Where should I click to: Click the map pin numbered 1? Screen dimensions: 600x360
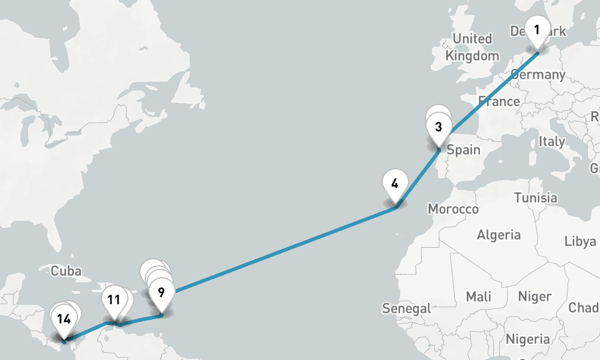[537, 30]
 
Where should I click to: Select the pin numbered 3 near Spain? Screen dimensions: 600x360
[439, 127]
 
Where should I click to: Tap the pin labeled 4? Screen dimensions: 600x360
[395, 184]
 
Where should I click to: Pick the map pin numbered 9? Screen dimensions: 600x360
[161, 293]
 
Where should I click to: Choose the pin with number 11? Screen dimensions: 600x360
[113, 300]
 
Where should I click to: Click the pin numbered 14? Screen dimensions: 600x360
[64, 320]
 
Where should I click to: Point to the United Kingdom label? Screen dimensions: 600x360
[472, 47]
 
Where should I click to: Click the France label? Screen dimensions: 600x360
[499, 101]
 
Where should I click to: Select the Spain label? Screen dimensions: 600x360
[463, 149]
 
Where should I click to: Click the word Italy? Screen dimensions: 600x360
[551, 142]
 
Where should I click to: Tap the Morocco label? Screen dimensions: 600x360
[453, 209]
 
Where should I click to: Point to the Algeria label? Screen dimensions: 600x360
[499, 235]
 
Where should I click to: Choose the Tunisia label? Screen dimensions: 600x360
[535, 197]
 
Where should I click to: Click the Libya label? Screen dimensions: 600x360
[580, 241]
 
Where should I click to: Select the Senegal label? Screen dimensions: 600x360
[406, 308]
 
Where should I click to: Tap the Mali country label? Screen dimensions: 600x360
[478, 296]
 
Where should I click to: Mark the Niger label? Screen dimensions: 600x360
[535, 296]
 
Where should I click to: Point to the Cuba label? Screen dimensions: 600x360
[65, 271]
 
